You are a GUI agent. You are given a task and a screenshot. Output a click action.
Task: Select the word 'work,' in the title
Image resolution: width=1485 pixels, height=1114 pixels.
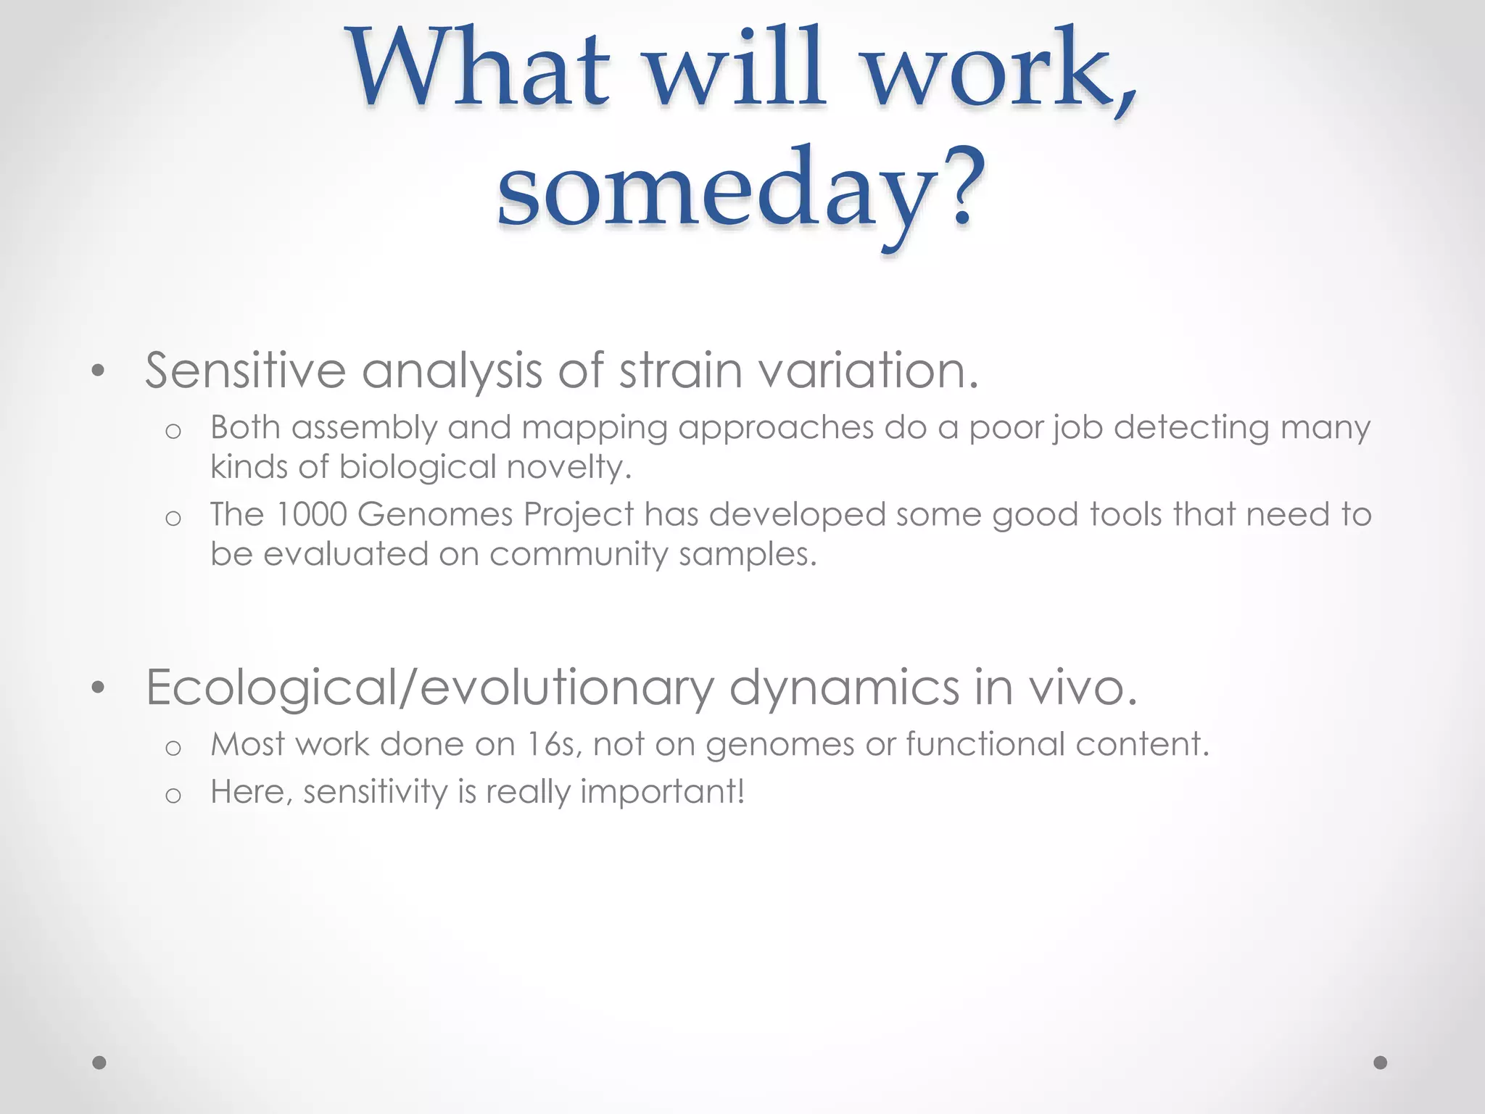1001,69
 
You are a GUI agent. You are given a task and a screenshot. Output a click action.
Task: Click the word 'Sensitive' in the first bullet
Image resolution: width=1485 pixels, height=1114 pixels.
245,371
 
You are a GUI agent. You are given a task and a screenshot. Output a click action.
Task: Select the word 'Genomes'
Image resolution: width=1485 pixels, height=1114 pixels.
435,514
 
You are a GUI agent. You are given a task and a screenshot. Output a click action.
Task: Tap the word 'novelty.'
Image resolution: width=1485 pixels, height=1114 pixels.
569,466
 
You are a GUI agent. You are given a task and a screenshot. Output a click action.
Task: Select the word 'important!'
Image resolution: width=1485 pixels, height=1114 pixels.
663,792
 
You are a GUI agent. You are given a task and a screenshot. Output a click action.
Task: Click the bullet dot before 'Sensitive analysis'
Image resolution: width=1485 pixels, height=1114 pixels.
99,372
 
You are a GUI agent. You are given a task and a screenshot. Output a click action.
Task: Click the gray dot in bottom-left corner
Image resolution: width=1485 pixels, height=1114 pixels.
99,1063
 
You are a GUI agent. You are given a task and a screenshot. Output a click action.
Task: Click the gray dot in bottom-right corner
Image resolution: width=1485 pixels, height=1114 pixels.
1381,1063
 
